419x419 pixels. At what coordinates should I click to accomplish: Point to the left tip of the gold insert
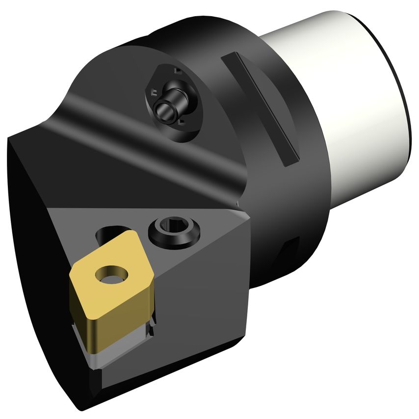click(x=72, y=269)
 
